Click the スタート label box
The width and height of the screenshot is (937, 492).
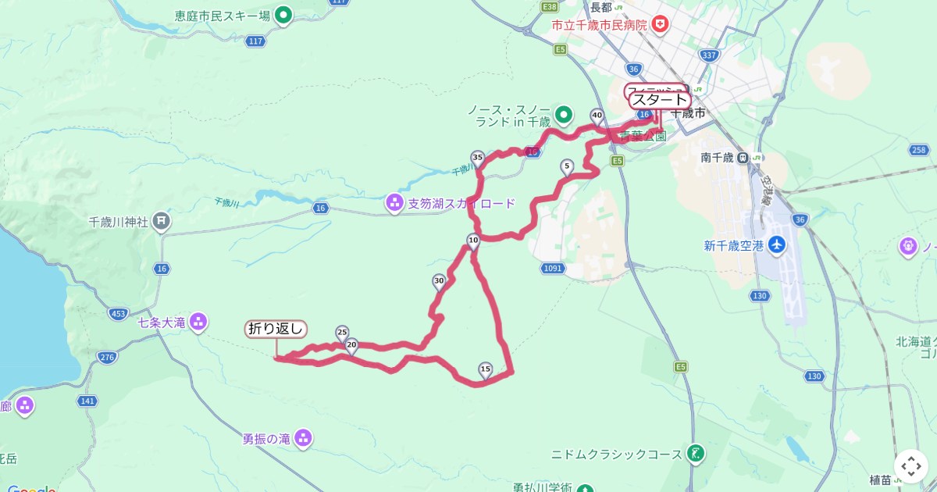(660, 100)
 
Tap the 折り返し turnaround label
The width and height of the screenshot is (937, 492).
(276, 329)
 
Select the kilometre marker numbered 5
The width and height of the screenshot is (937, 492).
(567, 166)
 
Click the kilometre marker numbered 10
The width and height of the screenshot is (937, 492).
(473, 241)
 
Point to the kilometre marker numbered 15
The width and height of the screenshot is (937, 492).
(485, 369)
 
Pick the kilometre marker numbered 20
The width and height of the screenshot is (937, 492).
(351, 344)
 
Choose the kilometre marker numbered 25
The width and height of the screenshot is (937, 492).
(342, 333)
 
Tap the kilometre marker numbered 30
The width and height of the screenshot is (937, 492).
(439, 281)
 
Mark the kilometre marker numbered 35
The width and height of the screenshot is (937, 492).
(478, 158)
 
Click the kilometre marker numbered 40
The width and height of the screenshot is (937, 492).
(597, 116)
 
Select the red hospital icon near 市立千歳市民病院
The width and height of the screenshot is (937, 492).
(661, 25)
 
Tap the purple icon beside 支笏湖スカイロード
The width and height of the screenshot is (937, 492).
(394, 204)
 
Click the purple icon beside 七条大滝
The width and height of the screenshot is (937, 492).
(198, 322)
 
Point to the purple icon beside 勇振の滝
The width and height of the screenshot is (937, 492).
(304, 439)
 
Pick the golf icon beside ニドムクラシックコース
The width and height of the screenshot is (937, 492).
(694, 453)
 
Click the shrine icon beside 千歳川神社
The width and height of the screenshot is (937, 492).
(161, 221)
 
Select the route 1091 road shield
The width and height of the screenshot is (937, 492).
(551, 269)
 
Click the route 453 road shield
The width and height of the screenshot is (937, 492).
(119, 314)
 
